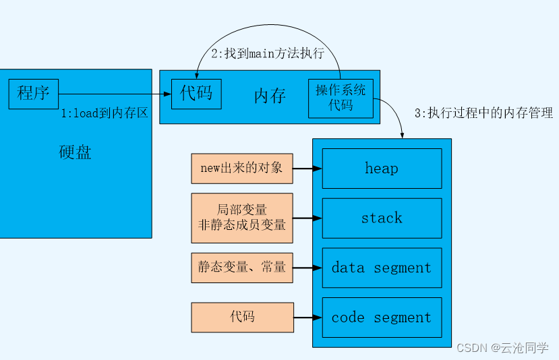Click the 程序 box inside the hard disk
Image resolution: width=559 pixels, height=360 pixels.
[34, 94]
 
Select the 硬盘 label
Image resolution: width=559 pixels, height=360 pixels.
[75, 152]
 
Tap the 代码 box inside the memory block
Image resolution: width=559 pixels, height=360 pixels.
[196, 94]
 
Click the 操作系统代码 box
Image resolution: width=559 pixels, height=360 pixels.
[341, 98]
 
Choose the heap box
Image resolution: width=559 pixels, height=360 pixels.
[382, 169]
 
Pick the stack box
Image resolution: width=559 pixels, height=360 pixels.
[382, 218]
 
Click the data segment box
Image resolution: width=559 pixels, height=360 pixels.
[382, 268]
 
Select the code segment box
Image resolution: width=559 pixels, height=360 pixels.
[382, 318]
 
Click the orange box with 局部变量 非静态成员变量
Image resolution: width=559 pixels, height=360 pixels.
[242, 218]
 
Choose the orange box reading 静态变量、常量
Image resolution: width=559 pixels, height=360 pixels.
[242, 268]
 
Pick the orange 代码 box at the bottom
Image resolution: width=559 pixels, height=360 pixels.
[242, 317]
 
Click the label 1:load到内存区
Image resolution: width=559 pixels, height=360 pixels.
[105, 114]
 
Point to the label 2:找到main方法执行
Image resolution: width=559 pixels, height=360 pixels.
[268, 54]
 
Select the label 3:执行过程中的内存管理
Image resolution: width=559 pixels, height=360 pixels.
[483, 113]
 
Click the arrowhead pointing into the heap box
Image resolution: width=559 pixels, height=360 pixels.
[318, 169]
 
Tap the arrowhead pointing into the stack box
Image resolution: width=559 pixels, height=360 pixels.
[318, 218]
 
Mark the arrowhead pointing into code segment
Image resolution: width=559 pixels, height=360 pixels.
[318, 318]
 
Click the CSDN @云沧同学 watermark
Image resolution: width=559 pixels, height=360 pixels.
[502, 348]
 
